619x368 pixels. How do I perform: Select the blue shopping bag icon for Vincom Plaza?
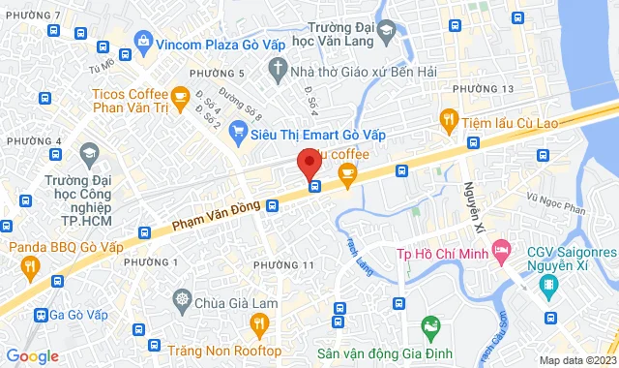coord(143,41)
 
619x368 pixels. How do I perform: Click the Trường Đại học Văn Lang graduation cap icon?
coord(386,31)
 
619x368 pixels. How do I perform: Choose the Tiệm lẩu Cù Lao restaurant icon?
coord(448,120)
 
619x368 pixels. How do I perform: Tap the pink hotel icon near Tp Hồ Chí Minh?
coord(501,254)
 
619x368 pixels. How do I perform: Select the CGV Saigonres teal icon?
coord(549,285)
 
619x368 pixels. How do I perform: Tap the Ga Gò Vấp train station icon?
coord(41,314)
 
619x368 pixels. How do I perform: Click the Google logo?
coord(31,355)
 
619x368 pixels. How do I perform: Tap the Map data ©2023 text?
coord(576,360)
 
